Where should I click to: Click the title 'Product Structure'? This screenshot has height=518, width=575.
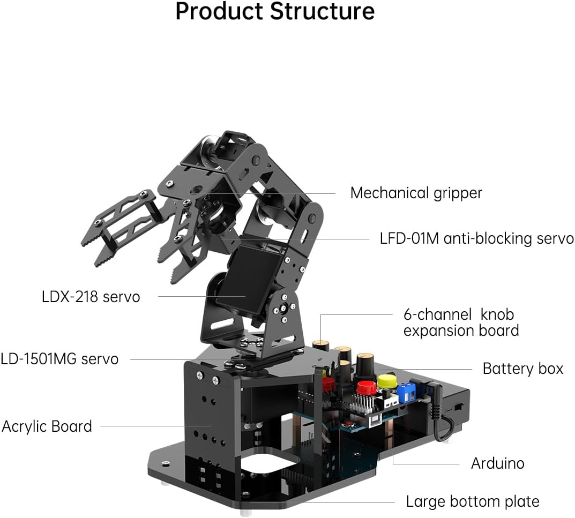[x=275, y=12]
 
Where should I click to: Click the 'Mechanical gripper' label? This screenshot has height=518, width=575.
[x=416, y=193]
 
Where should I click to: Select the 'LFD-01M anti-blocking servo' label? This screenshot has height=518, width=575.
[x=476, y=238]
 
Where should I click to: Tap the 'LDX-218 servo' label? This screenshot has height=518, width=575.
[x=91, y=296]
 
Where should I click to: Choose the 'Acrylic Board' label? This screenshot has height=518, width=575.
[x=47, y=426]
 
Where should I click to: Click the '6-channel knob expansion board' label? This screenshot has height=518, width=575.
[x=461, y=322]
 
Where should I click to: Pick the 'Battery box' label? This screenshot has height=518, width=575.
[x=522, y=369]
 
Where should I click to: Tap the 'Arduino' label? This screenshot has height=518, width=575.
[x=497, y=463]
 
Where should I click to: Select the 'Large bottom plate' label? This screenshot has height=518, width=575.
[x=472, y=501]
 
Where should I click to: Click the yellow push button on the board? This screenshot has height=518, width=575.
[x=386, y=381]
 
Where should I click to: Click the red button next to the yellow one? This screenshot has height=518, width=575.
[x=365, y=387]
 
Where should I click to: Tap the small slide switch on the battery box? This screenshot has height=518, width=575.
[x=460, y=408]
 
